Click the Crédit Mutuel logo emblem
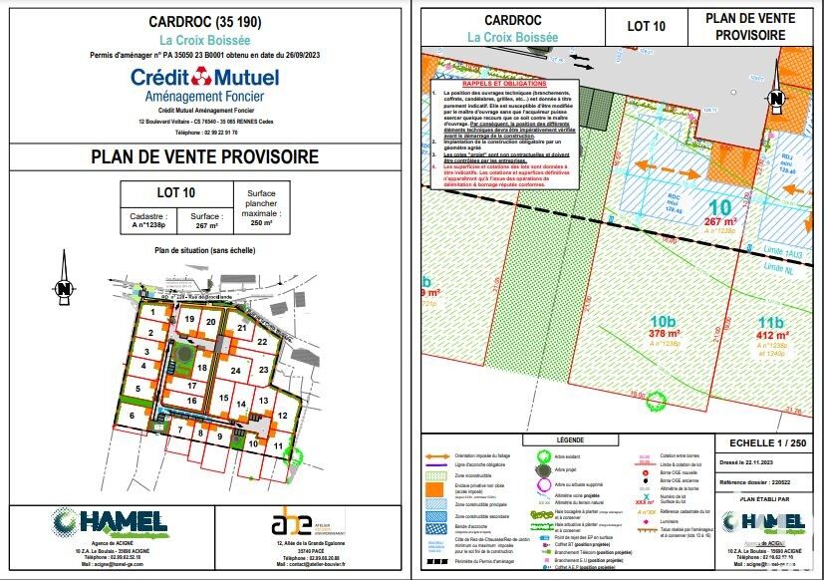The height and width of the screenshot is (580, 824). coord(204,76)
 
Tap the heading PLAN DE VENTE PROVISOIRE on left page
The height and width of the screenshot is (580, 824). coord(204,156)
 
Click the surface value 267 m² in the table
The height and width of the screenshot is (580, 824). coord(206,225)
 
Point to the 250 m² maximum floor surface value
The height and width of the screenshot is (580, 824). coord(260,223)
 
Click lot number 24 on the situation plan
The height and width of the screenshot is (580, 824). coord(234,370)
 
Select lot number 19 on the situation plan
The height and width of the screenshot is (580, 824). coord(188,319)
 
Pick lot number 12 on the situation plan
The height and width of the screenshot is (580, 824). coord(283,415)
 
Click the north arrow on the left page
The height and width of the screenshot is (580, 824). coord(64,288)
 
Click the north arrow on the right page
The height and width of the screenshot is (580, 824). coord(777,99)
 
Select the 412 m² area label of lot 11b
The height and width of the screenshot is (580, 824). coord(774,336)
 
